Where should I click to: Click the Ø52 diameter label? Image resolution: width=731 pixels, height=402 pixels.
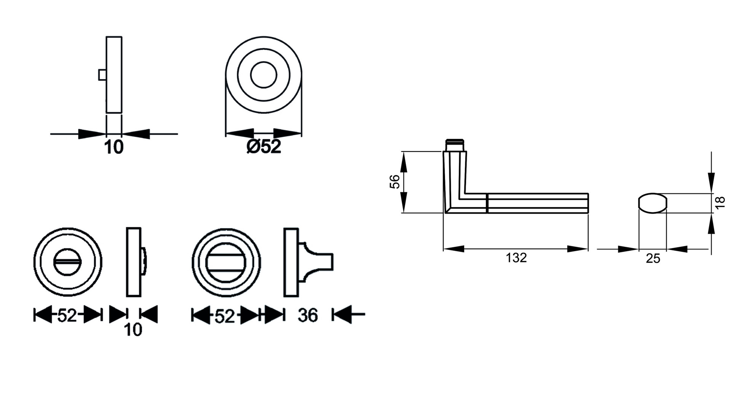[264, 147]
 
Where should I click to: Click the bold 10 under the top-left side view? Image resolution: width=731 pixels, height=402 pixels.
[114, 147]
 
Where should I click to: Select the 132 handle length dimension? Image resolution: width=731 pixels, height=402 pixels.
[516, 258]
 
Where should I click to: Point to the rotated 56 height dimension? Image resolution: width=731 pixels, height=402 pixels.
[395, 182]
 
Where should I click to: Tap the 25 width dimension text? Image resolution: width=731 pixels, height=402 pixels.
[653, 258]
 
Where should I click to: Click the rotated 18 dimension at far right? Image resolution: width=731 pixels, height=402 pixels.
[720, 202]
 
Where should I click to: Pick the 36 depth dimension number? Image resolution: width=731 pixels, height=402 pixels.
[308, 315]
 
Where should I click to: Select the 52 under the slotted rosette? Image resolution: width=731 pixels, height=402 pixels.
[67, 315]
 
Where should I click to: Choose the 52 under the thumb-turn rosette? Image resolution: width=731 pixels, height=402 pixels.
[225, 316]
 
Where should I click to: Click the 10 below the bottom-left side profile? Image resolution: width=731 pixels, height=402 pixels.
[133, 330]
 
